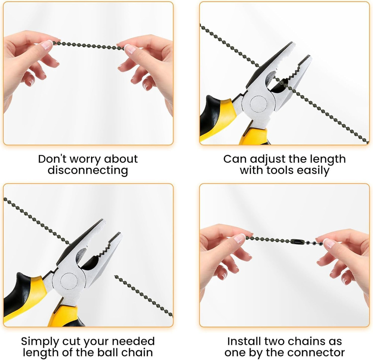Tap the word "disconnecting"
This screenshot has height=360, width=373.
click(x=88, y=171)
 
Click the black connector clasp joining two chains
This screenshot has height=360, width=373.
click(x=296, y=241)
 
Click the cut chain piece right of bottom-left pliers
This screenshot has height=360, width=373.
click(x=144, y=296)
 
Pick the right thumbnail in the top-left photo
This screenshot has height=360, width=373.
click(x=130, y=49)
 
